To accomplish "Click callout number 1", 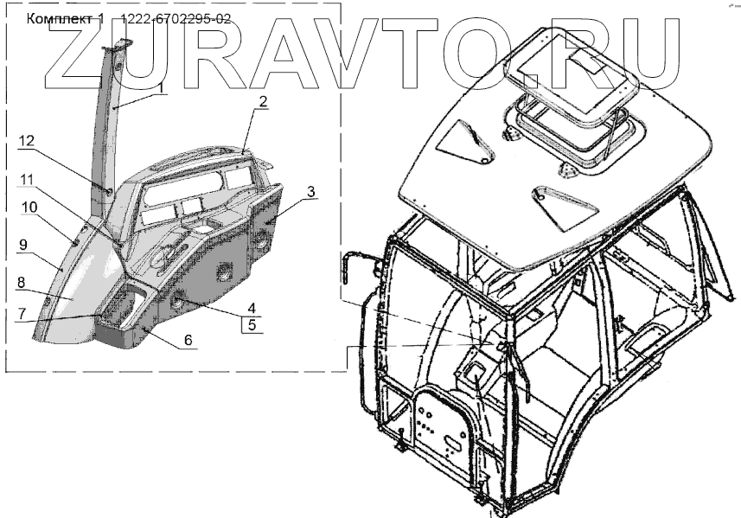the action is pyautogui.click(x=160, y=87).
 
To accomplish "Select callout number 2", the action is pyautogui.click(x=263, y=101).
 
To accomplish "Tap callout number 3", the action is pyautogui.click(x=310, y=190).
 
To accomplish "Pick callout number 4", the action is pyautogui.click(x=252, y=307).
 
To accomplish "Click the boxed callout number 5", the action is pyautogui.click(x=252, y=325).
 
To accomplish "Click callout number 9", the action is pyautogui.click(x=24, y=245).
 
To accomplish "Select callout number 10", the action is pyautogui.click(x=29, y=208).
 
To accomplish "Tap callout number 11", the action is pyautogui.click(x=28, y=179).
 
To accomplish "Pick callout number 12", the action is pyautogui.click(x=28, y=141).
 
